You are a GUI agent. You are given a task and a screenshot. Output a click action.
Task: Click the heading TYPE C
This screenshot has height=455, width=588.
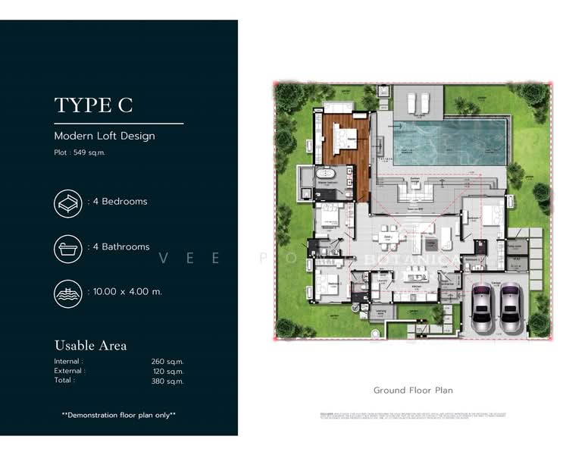93,105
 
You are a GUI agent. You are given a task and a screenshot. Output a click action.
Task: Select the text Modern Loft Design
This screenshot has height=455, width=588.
104,136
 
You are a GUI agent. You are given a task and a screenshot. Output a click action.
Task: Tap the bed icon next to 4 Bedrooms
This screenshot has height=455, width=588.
68,202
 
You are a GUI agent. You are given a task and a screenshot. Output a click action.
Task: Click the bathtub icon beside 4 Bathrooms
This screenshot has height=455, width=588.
68,247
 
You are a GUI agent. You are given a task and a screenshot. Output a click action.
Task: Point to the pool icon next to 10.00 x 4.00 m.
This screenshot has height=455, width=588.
68,292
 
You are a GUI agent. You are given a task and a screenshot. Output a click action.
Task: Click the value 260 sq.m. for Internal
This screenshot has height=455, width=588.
167,362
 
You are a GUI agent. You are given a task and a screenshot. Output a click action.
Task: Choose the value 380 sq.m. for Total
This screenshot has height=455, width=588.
167,381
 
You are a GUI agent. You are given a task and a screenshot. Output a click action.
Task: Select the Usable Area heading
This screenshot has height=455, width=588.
90,345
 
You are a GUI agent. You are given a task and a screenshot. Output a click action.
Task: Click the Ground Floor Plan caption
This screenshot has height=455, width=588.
412,391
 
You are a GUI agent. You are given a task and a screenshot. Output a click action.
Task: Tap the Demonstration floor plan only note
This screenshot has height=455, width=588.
118,415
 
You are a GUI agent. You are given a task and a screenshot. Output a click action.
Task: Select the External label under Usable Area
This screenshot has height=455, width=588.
69,371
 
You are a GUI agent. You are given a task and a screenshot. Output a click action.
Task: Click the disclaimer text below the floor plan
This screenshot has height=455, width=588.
412,415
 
